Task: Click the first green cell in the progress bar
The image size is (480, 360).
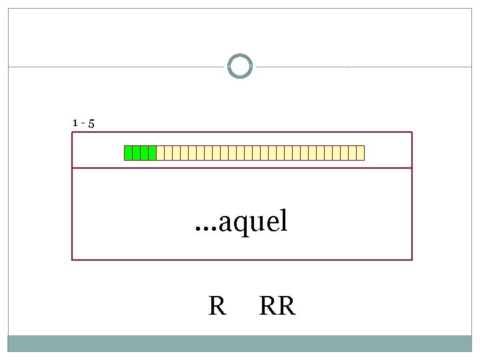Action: pos(129,153)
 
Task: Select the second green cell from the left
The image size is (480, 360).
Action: pos(137,153)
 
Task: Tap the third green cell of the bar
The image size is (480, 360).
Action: pos(145,153)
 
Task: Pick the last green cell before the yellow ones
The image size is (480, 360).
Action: pos(153,153)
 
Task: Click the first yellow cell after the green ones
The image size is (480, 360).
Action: pos(161,153)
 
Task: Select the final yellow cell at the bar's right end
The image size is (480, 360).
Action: pos(361,153)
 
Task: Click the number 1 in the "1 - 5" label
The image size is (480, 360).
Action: pos(75,123)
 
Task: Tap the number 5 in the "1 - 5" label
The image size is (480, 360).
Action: pos(91,123)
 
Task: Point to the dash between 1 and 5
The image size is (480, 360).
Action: pos(83,123)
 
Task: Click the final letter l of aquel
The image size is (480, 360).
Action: pos(284,220)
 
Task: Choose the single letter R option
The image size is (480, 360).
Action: pos(217,307)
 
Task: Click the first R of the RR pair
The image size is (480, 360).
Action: pos(268,307)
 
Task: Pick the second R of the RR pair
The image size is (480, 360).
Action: pos(285,307)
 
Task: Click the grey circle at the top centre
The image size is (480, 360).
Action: pos(240,67)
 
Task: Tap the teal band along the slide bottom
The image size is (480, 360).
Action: pos(240,343)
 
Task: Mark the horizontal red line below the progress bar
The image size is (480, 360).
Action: pos(242,168)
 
